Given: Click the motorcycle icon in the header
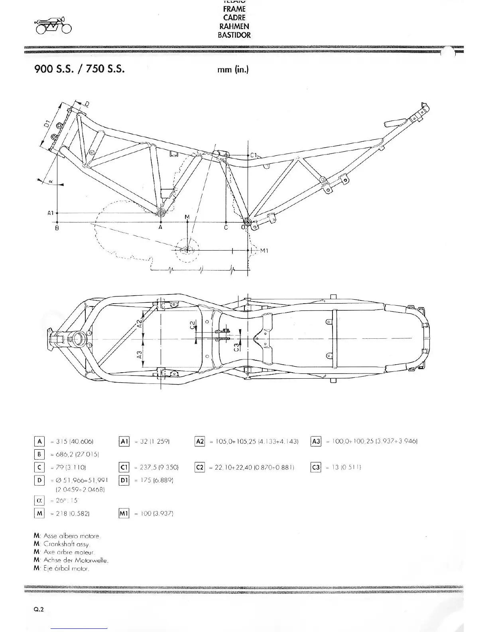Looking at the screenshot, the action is click(x=53, y=27).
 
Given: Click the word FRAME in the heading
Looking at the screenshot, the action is click(x=234, y=9).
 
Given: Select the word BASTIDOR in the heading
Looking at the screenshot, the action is click(x=234, y=35).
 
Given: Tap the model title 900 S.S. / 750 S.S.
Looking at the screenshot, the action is click(x=80, y=69).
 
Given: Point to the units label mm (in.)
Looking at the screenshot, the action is click(x=233, y=69).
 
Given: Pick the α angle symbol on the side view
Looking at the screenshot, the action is click(x=51, y=182).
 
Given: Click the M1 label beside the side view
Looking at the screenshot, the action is click(x=264, y=251).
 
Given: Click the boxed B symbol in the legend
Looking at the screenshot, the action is click(x=39, y=454).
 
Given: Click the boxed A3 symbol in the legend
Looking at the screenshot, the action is click(x=315, y=441).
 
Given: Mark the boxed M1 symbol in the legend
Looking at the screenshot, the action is click(x=124, y=513).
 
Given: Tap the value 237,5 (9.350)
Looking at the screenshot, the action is click(x=157, y=467).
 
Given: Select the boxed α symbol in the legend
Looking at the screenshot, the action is click(x=39, y=500).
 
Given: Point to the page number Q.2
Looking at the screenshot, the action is click(x=39, y=609).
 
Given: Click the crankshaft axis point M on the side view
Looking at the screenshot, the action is click(x=187, y=250).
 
